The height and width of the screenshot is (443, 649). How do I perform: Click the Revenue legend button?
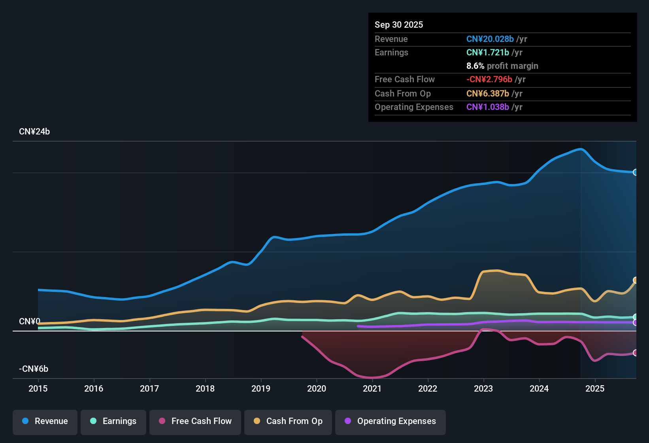pyautogui.click(x=45, y=421)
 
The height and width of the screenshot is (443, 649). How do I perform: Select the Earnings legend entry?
pyautogui.click(x=113, y=421)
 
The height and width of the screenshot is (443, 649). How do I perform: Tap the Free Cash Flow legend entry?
pyautogui.click(x=195, y=421)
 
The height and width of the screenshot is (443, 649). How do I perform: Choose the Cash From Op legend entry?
pyautogui.click(x=288, y=421)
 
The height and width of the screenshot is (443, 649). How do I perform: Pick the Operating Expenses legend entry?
pyautogui.click(x=391, y=421)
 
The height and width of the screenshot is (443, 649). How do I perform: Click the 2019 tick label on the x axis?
pyautogui.click(x=261, y=388)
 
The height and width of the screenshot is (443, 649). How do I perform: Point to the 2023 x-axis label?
pyautogui.click(x=483, y=388)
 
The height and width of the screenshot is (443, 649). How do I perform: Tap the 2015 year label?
pyautogui.click(x=38, y=388)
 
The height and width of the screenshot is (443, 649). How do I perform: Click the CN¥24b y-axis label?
pyautogui.click(x=34, y=132)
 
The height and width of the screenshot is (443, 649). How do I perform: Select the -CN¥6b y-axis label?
pyautogui.click(x=34, y=369)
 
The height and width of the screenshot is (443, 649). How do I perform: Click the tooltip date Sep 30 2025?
pyautogui.click(x=398, y=25)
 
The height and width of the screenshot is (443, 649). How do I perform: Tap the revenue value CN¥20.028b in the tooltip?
pyautogui.click(x=490, y=39)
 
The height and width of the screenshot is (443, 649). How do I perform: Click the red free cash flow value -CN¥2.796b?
pyautogui.click(x=489, y=79)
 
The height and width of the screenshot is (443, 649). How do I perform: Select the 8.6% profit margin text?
pyautogui.click(x=502, y=66)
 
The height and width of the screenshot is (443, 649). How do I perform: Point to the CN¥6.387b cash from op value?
pyautogui.click(x=487, y=93)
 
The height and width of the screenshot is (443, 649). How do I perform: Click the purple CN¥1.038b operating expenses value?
pyautogui.click(x=487, y=107)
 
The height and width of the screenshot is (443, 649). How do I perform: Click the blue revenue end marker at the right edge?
pyautogui.click(x=635, y=172)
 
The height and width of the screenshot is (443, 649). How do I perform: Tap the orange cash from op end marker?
pyautogui.click(x=635, y=280)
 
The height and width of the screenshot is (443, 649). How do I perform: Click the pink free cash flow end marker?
pyautogui.click(x=635, y=352)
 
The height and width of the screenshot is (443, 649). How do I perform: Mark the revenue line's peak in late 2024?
pyautogui.click(x=580, y=149)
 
